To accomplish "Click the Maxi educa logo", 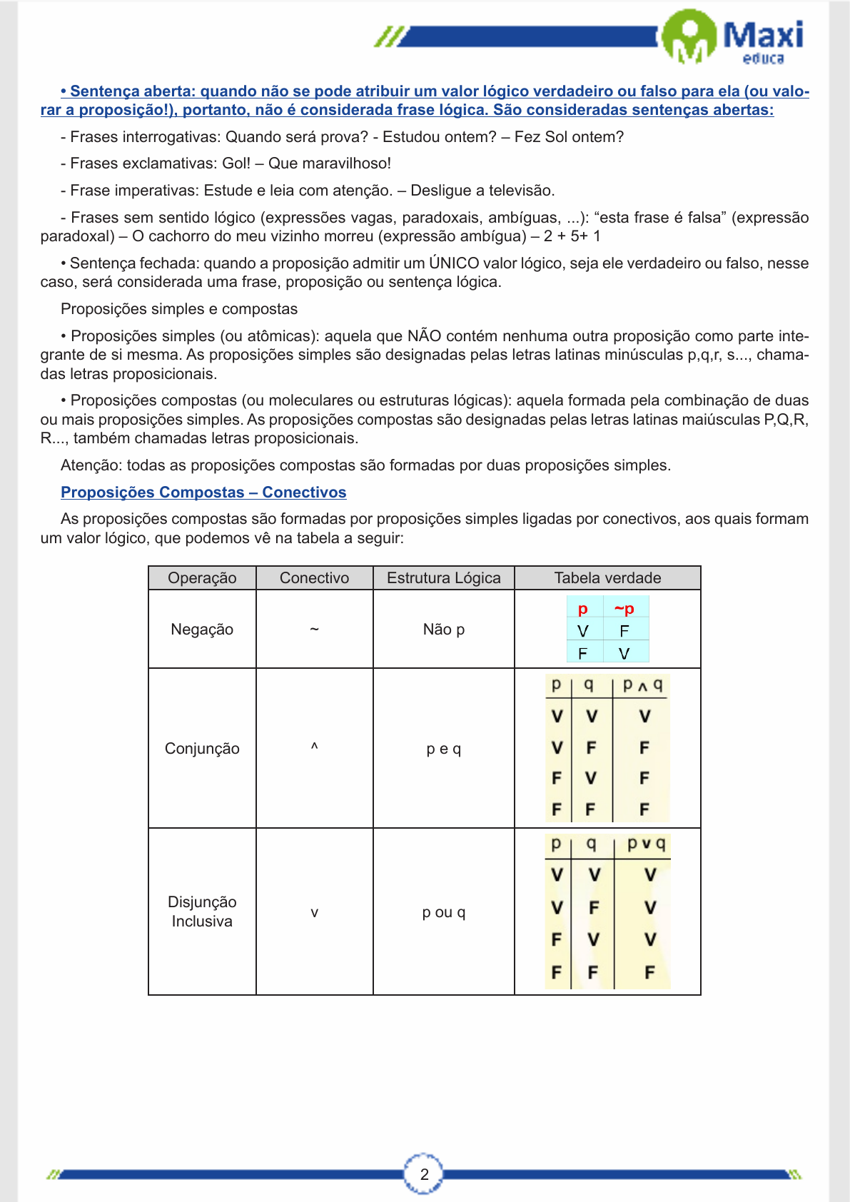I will (x=735, y=37).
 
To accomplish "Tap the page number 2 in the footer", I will (x=424, y=1174).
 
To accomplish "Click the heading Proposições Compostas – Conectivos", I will (x=203, y=493).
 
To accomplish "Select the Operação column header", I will (x=202, y=578).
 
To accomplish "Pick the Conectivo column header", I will (x=314, y=578).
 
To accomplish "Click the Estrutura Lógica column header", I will (x=443, y=578).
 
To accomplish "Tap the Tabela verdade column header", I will (x=607, y=578).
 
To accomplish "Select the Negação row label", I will (x=202, y=630).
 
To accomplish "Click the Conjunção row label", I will (x=202, y=749).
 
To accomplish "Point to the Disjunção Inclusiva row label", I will (x=202, y=911).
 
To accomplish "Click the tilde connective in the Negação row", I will (x=314, y=630).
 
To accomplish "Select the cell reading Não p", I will (x=443, y=630).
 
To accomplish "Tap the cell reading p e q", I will (x=443, y=749).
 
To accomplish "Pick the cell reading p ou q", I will (x=443, y=912).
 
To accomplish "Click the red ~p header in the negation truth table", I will (x=624, y=609).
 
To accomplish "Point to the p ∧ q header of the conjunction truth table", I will (x=642, y=685).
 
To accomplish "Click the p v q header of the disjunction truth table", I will (x=646, y=844).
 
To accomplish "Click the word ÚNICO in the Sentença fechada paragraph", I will (x=454, y=263).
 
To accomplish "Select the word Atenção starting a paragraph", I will (x=91, y=465).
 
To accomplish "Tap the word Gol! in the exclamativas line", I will (x=236, y=163).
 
